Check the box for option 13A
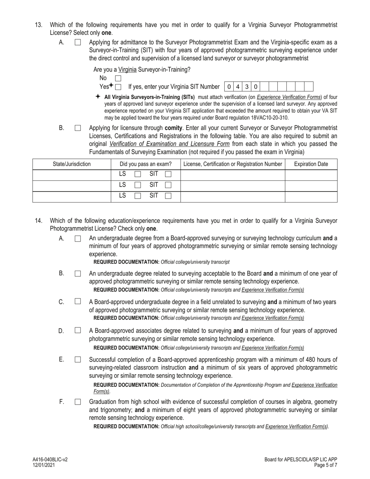point(78,42)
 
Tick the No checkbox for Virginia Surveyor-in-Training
point(118,78)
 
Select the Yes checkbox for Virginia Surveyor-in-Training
point(118,87)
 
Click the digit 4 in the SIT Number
point(238,86)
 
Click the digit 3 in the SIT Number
point(247,86)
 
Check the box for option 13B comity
point(78,128)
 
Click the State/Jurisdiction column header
point(72,164)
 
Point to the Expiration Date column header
point(311,164)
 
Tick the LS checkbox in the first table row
point(137,175)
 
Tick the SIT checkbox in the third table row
point(168,196)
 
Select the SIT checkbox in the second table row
point(168,185)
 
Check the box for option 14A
point(78,239)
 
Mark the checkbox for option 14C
point(78,301)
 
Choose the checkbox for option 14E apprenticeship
point(78,359)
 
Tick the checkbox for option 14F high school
point(78,402)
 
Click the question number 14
point(39,221)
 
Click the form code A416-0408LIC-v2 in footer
point(50,460)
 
